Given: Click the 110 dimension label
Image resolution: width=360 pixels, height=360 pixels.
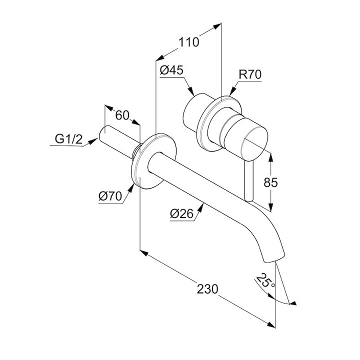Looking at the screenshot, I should [x=189, y=42].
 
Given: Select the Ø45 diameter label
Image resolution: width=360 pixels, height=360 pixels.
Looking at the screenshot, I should [x=170, y=70].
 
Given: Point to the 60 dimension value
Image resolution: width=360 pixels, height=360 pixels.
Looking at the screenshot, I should [x=122, y=114].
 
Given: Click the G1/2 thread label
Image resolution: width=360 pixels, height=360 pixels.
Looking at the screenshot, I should [x=68, y=139].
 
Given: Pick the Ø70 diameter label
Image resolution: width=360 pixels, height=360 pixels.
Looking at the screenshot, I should [x=110, y=196].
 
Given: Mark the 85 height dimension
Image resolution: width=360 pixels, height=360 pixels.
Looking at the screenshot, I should [x=270, y=183].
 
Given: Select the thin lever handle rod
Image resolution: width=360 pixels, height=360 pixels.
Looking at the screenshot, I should [x=248, y=180].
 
